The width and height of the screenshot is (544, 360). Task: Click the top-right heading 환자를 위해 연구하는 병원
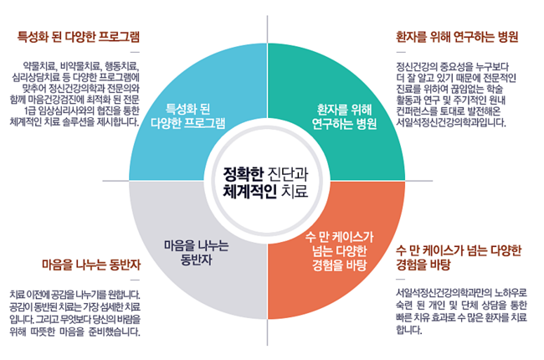click(457, 36)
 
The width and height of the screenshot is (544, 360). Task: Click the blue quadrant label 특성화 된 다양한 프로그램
click(187, 116)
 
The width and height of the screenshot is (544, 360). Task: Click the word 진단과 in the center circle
click(288, 173)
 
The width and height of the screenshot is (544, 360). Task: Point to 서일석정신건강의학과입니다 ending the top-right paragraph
click(452, 121)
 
